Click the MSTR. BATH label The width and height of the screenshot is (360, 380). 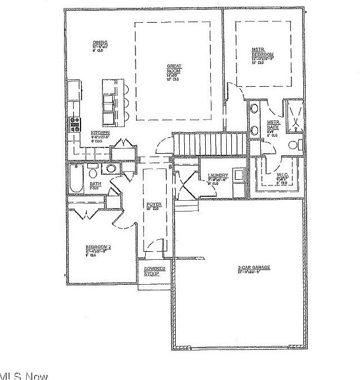coord(274,125)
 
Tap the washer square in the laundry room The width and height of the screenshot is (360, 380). coord(239,175)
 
